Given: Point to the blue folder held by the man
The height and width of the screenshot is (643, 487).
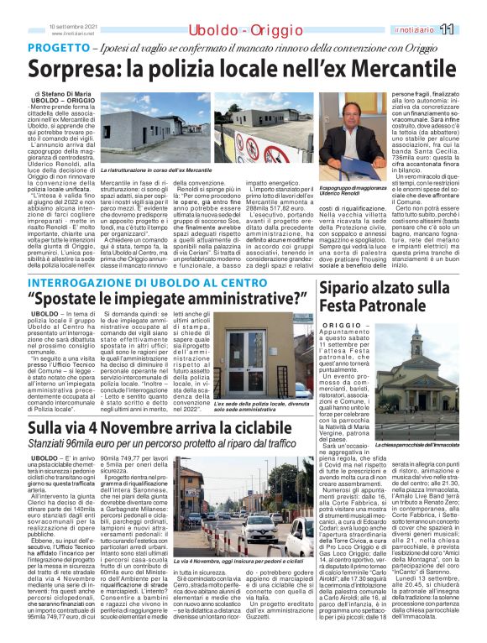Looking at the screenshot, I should point(356,149).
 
